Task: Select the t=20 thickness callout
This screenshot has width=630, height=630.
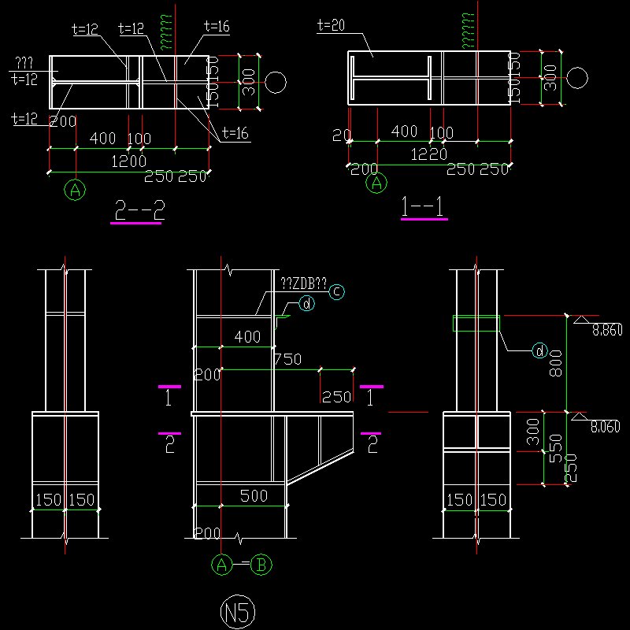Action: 332,25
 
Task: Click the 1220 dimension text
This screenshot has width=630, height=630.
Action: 428,155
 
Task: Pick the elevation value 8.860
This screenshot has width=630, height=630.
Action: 606,331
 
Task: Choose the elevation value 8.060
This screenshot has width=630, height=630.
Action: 606,428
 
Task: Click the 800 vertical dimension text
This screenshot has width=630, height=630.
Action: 555,363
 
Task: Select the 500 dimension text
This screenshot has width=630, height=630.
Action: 254,496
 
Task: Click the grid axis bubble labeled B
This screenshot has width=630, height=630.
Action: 262,565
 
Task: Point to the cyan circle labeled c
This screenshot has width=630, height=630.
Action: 336,291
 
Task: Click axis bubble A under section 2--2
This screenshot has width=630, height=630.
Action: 76,190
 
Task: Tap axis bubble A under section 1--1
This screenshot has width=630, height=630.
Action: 378,183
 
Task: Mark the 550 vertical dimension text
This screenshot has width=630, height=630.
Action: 554,449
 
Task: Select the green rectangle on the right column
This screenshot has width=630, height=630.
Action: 476,323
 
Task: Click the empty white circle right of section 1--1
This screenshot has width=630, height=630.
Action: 578,79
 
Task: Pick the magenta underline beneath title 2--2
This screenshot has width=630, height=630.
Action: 136,223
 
